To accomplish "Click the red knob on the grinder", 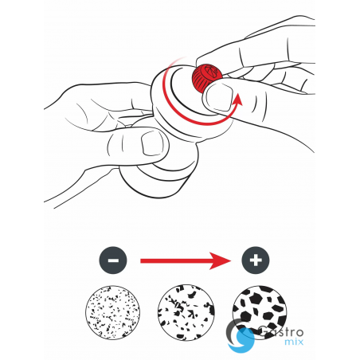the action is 206,77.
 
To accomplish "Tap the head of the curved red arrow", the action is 237,100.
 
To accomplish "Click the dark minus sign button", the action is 113,260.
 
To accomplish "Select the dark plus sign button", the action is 256,260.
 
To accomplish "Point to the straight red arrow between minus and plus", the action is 186,260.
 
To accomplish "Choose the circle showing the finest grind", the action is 113,312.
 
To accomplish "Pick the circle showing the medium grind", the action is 186,312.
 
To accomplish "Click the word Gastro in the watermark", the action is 280,332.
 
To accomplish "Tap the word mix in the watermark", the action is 294,342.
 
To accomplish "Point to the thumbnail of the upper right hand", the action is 220,96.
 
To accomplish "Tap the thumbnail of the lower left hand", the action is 152,143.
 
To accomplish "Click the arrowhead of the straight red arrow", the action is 221,260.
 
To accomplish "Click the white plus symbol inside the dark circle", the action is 256,260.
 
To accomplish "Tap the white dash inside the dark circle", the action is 113,260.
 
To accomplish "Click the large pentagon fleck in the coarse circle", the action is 256,299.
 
